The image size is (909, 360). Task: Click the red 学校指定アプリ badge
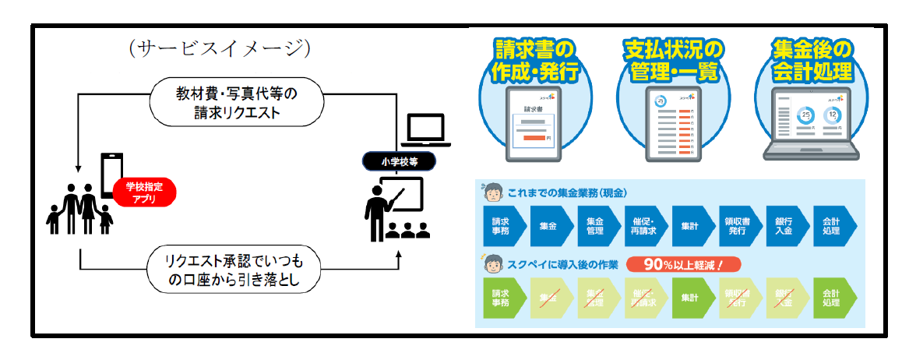144,192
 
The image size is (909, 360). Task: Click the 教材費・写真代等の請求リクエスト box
238,101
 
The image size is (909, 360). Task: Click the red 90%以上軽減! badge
682,265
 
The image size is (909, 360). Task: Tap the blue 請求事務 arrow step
500,226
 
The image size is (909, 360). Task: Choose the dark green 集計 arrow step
690,297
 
